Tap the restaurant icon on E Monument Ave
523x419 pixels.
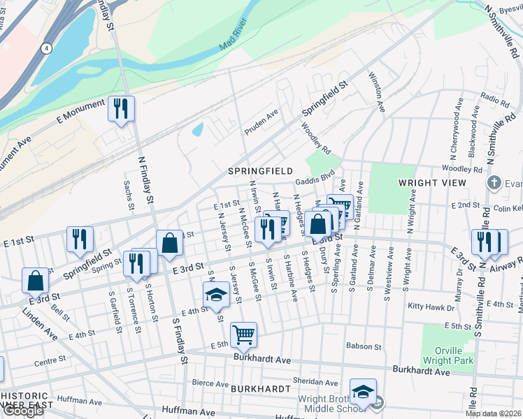[121, 109]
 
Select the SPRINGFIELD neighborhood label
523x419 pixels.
[260, 170]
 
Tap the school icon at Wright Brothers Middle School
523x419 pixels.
[363, 392]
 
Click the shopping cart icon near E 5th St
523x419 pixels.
[243, 335]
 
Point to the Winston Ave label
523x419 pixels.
[378, 91]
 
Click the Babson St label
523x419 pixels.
[364, 346]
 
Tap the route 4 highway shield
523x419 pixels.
[46, 48]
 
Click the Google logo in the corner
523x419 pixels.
[22, 411]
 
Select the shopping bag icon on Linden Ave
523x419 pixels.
[35, 281]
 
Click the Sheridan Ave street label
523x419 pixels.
[315, 383]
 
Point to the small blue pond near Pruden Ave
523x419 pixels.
[198, 129]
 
